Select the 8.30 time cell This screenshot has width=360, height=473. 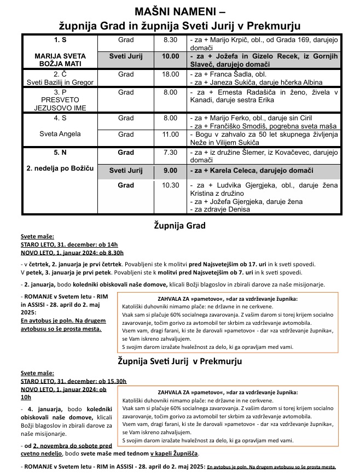click(171, 40)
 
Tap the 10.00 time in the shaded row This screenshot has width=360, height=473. click(171, 56)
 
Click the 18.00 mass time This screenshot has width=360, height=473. click(171, 74)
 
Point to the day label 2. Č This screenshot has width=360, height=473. click(60, 74)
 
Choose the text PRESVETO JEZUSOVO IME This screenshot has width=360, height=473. click(60, 104)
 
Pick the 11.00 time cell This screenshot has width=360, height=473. click(171, 134)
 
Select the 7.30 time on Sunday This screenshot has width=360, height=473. click(171, 153)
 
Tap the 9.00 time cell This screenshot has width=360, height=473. click(171, 171)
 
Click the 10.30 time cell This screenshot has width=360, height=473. click(171, 185)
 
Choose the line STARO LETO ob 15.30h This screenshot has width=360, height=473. click(73, 381)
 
